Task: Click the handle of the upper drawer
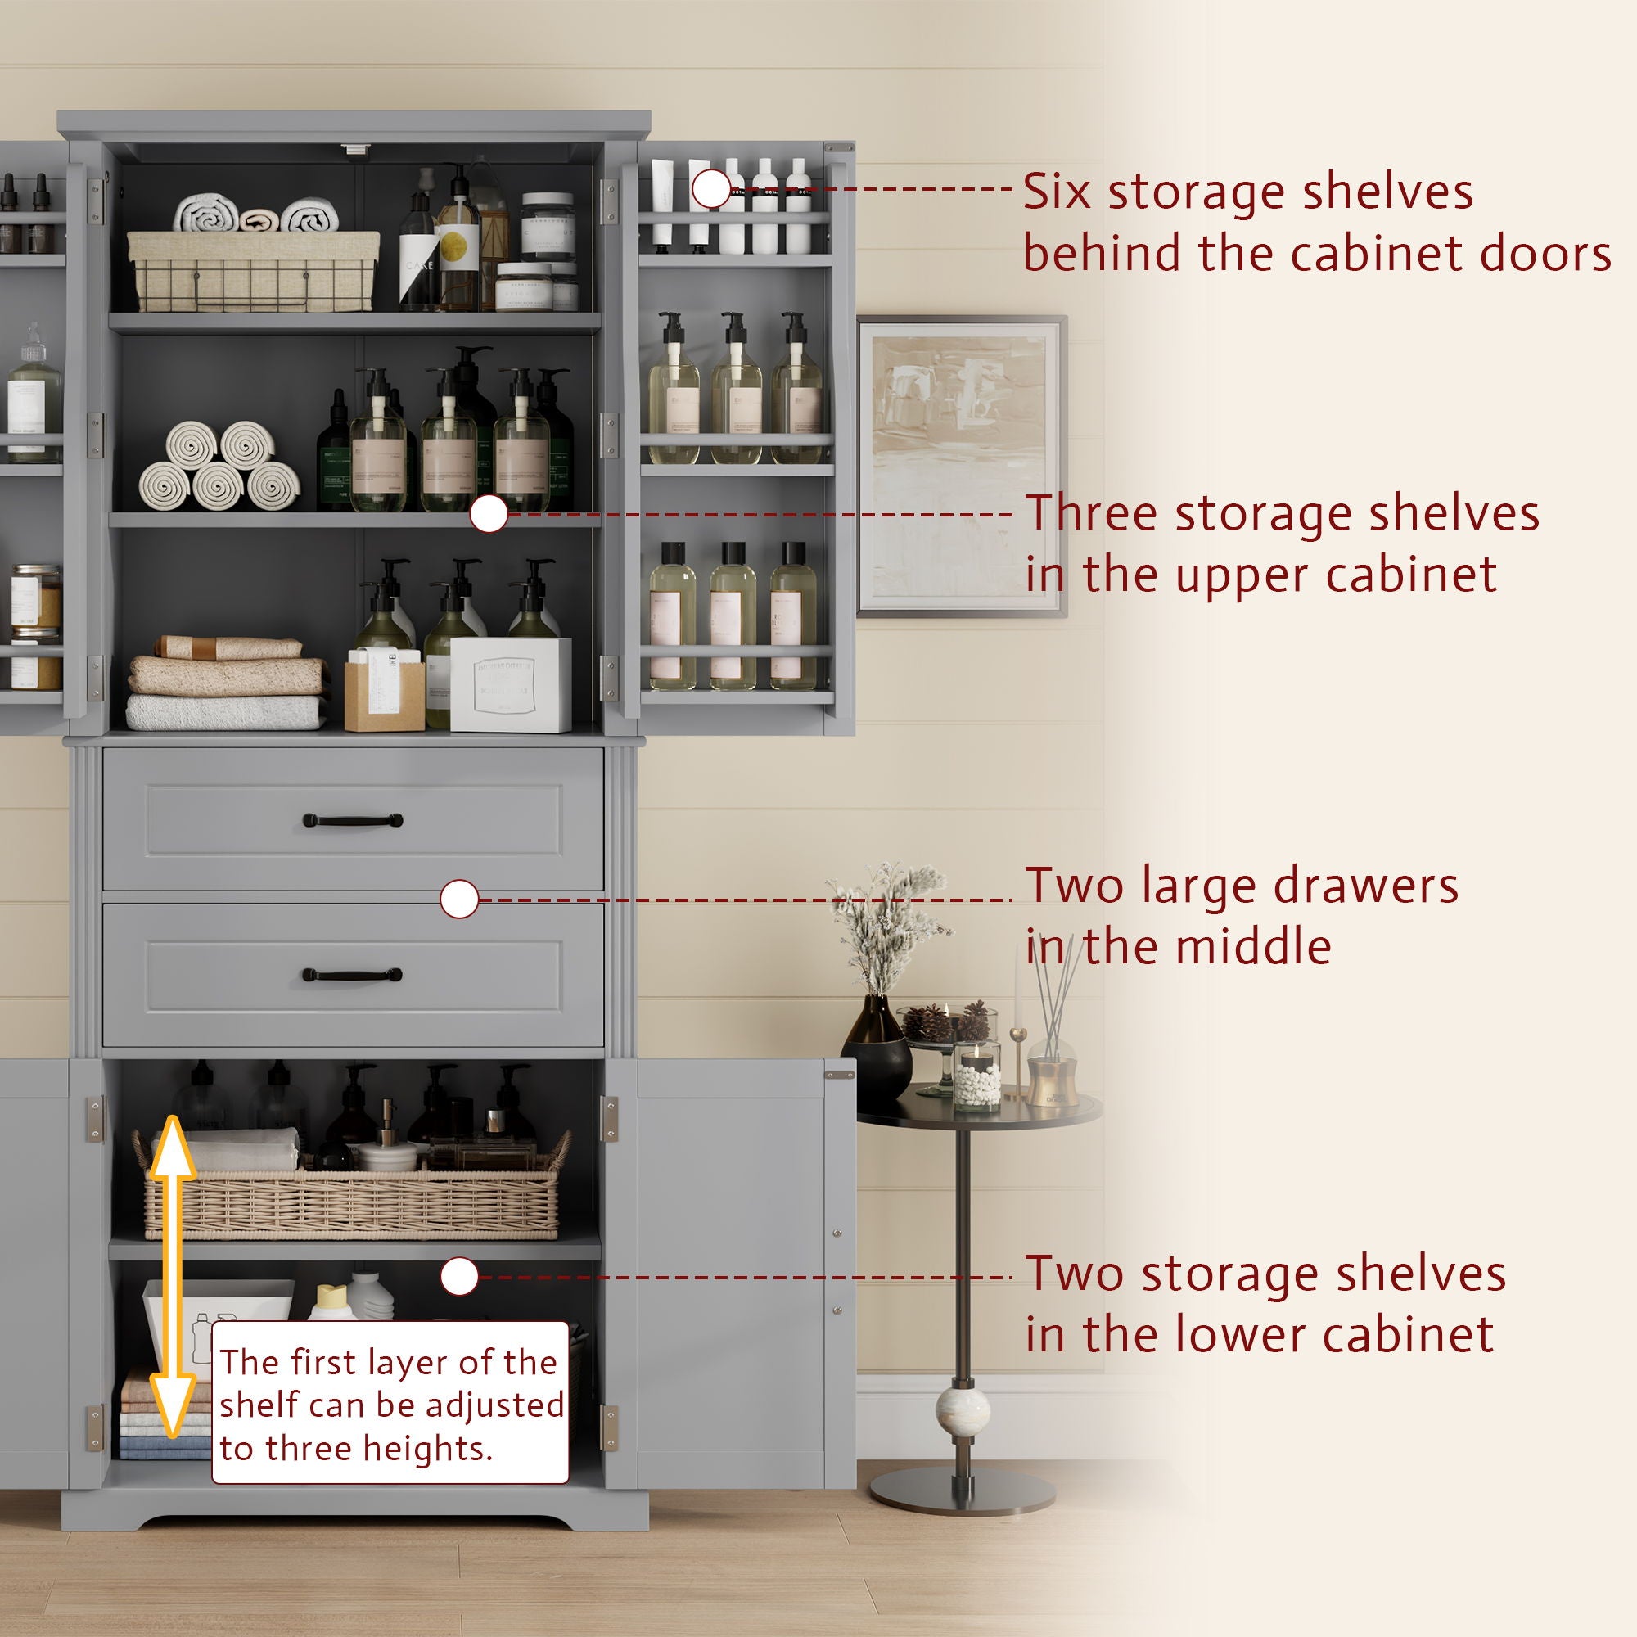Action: [x=353, y=820]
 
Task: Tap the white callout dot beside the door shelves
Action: [x=712, y=188]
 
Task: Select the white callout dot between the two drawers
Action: [x=459, y=899]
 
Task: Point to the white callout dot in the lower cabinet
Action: [x=459, y=1276]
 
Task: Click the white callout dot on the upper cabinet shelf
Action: [x=488, y=513]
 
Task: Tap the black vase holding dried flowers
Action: [x=876, y=1049]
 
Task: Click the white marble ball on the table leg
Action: [x=963, y=1411]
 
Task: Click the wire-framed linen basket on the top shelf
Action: [x=252, y=271]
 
